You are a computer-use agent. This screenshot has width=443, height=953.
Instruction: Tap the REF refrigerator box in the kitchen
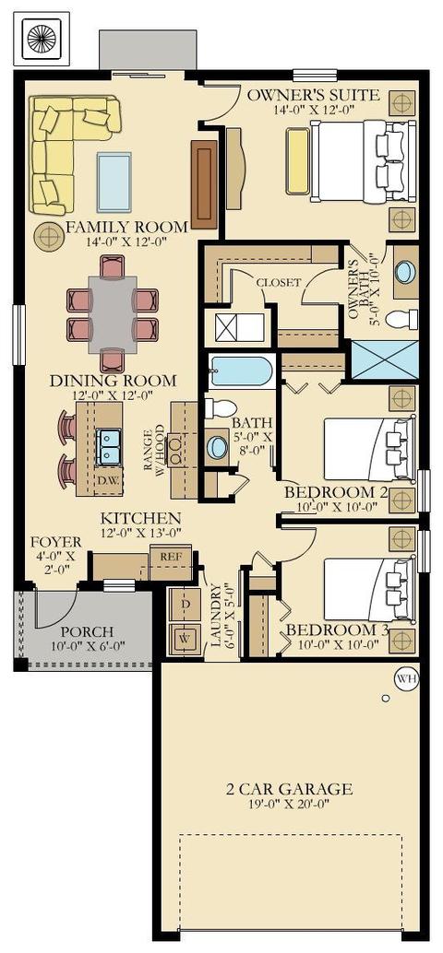(x=171, y=562)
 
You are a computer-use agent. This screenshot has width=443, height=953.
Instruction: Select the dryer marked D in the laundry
(x=185, y=605)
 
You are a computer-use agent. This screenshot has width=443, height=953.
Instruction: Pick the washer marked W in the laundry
(x=185, y=640)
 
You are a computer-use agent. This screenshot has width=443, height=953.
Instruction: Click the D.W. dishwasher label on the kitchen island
(x=107, y=480)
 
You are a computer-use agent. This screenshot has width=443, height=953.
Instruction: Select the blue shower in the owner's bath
(x=385, y=359)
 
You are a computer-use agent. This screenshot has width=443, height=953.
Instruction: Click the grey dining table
(x=112, y=314)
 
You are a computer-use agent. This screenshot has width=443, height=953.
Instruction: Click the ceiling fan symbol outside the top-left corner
(x=42, y=39)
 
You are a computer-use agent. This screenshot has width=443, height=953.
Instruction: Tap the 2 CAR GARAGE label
(x=289, y=790)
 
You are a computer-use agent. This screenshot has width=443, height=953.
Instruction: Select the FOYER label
(x=56, y=542)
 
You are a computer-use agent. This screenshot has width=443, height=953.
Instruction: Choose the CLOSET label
(x=278, y=283)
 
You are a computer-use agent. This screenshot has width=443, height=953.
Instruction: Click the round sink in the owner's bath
(x=404, y=272)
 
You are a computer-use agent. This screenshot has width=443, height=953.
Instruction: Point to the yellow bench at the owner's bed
(x=298, y=161)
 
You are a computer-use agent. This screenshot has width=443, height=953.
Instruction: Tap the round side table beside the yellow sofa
(x=48, y=237)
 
